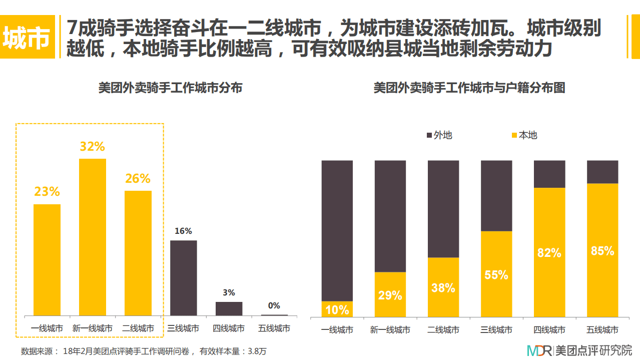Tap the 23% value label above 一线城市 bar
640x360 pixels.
[47, 192]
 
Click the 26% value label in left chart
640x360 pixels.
[138, 178]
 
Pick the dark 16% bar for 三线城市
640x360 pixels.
[183, 278]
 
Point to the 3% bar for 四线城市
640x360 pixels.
[229, 308]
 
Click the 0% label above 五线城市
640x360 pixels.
[274, 305]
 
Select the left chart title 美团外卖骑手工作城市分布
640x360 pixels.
[170, 88]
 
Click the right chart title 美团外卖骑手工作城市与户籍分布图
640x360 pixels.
[469, 88]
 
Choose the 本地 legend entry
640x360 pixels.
[523, 135]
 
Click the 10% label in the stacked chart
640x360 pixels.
[337, 310]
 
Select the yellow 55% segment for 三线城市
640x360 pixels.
[496, 274]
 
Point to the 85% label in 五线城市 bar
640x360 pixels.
[602, 251]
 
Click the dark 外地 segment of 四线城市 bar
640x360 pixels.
[549, 174]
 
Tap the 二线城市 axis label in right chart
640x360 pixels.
[443, 330]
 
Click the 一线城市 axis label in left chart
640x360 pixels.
[47, 328]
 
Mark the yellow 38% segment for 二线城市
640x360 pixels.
[443, 287]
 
